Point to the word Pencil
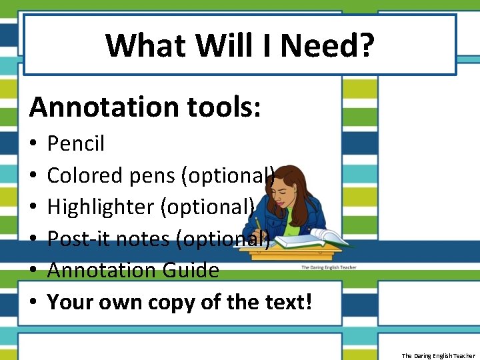click(x=76, y=143)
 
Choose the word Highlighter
click(x=101, y=207)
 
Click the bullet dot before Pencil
click(x=33, y=144)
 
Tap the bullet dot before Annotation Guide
click(x=33, y=271)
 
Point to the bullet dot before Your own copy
click(x=33, y=303)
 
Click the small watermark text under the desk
click(x=329, y=267)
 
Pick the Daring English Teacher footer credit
click(x=438, y=355)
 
